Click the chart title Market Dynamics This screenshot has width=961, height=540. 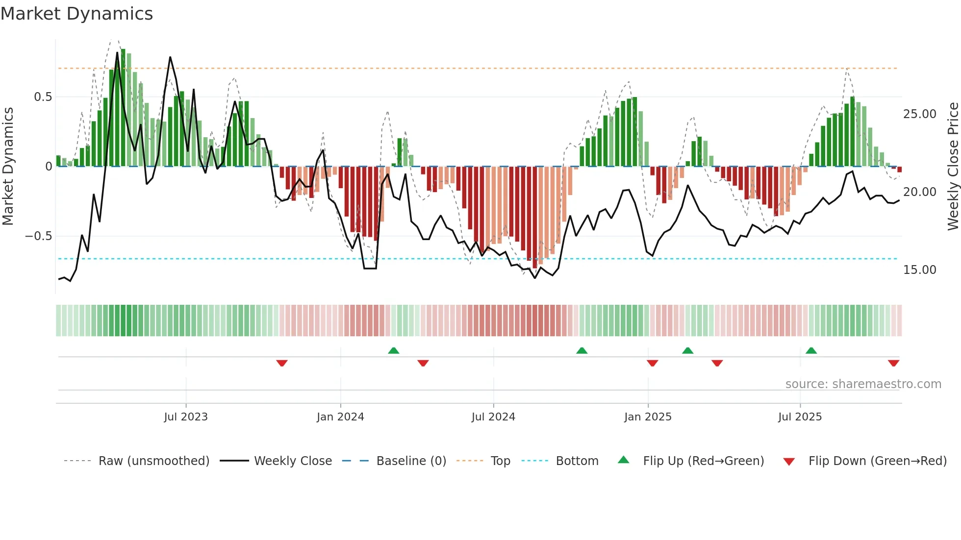coord(76,14)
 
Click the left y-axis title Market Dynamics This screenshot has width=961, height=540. coord(8,166)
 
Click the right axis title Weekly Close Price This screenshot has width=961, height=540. coord(953,166)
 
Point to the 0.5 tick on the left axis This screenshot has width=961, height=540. coord(43,97)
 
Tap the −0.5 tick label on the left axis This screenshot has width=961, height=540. coord(38,236)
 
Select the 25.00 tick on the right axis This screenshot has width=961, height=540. coord(919,114)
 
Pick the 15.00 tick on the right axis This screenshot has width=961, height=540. coord(919,270)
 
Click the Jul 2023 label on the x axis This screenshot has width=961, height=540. coord(186,417)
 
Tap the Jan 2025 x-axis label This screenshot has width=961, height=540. coord(648,417)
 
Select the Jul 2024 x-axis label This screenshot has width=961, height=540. coord(493,417)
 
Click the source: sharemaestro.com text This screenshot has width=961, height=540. coord(863,384)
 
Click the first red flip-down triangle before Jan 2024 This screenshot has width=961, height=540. coord(282,363)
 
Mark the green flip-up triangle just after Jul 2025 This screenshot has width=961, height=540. coord(811,350)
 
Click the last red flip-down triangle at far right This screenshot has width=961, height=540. coord(893,363)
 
